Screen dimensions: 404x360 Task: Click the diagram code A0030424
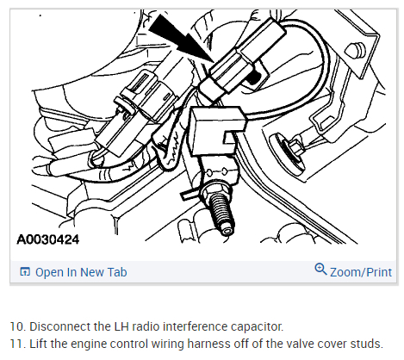point(48,239)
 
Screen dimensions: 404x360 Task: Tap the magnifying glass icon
point(320,270)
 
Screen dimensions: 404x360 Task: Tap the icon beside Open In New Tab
point(25,271)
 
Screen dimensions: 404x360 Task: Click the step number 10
point(17,326)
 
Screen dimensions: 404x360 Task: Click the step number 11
point(17,344)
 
